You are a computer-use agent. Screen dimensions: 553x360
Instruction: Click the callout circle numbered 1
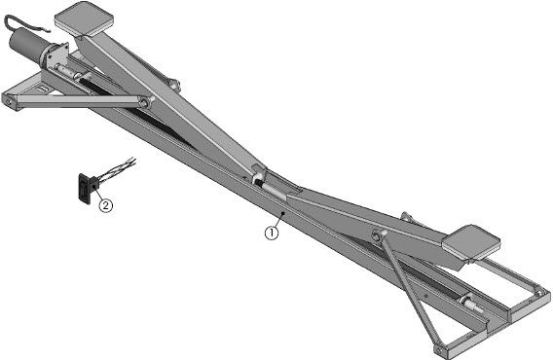(272, 234)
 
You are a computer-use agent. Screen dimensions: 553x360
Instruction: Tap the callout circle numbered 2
(106, 205)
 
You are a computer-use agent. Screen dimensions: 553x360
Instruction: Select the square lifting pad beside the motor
(84, 18)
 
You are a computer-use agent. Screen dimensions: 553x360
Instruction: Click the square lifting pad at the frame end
(471, 243)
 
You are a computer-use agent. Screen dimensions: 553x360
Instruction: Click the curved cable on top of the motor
(21, 24)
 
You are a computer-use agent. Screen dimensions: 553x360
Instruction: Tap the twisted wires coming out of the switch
(117, 169)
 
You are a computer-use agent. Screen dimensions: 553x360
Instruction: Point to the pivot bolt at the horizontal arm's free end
(9, 102)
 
